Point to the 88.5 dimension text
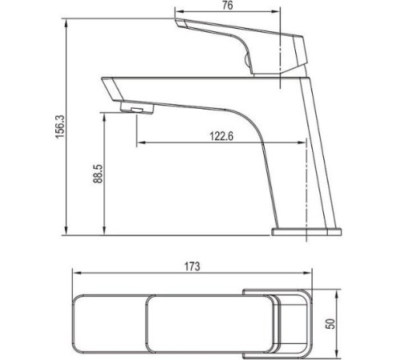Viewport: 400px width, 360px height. pos(98,174)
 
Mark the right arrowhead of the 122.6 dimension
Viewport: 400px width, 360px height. pos(305,144)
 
